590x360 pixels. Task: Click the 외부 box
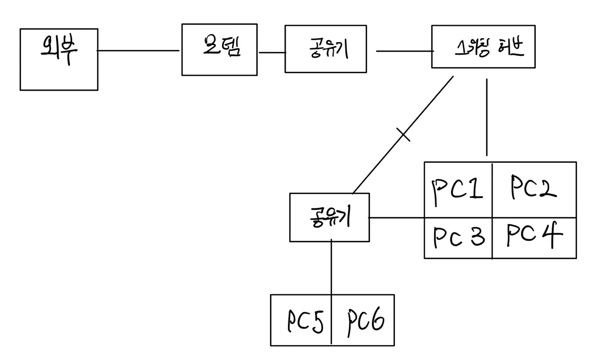click(x=59, y=59)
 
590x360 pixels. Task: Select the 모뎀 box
click(x=219, y=50)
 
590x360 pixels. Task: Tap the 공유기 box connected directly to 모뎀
click(x=325, y=49)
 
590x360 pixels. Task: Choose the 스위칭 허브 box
click(x=483, y=47)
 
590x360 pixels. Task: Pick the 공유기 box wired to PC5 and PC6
click(x=329, y=217)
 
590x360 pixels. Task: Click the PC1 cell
click(x=458, y=189)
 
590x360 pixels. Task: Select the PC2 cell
click(x=534, y=189)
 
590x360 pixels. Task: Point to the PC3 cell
click(x=458, y=238)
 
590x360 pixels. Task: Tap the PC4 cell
click(x=534, y=238)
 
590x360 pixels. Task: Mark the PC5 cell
click(x=301, y=320)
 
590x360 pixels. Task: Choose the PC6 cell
click(x=363, y=320)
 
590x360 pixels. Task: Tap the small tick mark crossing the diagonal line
click(x=403, y=135)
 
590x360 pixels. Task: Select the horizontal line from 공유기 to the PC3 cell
click(x=396, y=217)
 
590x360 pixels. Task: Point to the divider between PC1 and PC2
click(x=492, y=189)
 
